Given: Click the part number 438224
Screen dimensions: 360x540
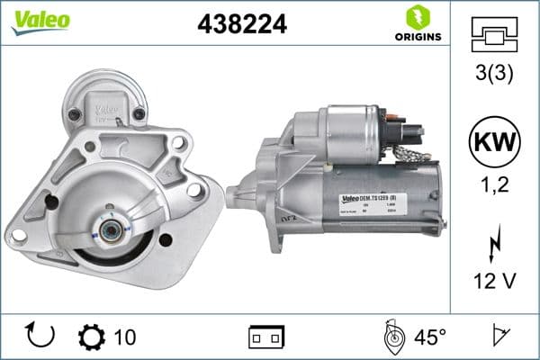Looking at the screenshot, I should coord(241,25).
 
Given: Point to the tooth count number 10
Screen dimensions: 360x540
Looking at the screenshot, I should coord(126,337).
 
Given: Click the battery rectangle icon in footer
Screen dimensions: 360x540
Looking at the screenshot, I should coord(265,337).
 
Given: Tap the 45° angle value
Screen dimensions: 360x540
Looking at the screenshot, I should coord(430,337).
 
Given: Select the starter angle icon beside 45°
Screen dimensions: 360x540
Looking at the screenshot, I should coord(394,337).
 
